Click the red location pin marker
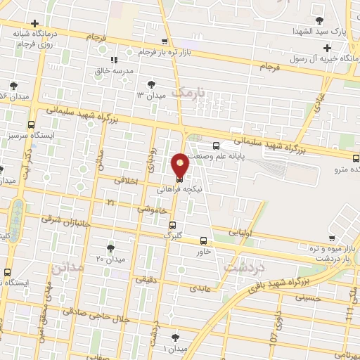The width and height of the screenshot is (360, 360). click(x=180, y=165)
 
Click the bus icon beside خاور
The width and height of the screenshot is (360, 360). click(x=203, y=240)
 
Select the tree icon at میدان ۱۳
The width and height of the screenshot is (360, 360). click(x=151, y=83)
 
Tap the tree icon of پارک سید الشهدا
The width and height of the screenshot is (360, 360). click(x=321, y=20)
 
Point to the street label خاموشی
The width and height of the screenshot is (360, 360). click(x=152, y=209)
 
